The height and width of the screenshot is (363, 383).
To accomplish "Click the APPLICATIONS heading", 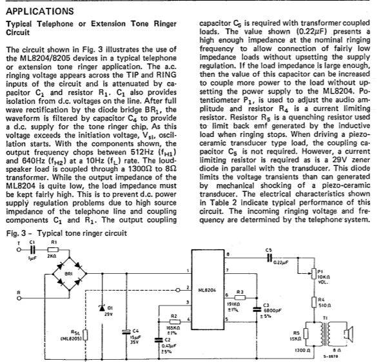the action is pos(40,12).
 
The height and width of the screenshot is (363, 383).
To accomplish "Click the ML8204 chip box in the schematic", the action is pos(208,289).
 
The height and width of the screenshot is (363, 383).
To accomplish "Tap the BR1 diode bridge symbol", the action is pos(70,274).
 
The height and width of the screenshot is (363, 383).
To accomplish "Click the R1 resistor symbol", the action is pos(54,250).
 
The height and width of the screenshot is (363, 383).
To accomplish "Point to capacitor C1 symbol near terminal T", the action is pos(33,250).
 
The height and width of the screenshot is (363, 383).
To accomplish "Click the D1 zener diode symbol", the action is pos(102,307).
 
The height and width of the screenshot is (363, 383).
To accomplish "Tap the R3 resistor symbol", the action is pos(240,298).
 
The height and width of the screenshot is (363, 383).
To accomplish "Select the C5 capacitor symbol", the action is pos(269,258).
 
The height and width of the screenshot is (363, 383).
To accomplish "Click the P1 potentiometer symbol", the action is pos(314,274).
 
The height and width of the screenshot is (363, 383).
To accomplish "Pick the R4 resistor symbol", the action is pos(314,302).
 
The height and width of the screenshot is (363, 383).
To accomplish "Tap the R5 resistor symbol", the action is pos(306,334).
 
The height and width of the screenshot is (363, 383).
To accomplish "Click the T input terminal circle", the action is pos(18,250).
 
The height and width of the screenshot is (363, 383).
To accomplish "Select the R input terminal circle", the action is pos(18,298).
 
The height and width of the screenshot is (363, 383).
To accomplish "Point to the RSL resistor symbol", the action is pos(85,335).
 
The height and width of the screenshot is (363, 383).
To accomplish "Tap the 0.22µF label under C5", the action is pos(281,263).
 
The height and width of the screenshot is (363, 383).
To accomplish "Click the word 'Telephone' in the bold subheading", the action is pos(55,24).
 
